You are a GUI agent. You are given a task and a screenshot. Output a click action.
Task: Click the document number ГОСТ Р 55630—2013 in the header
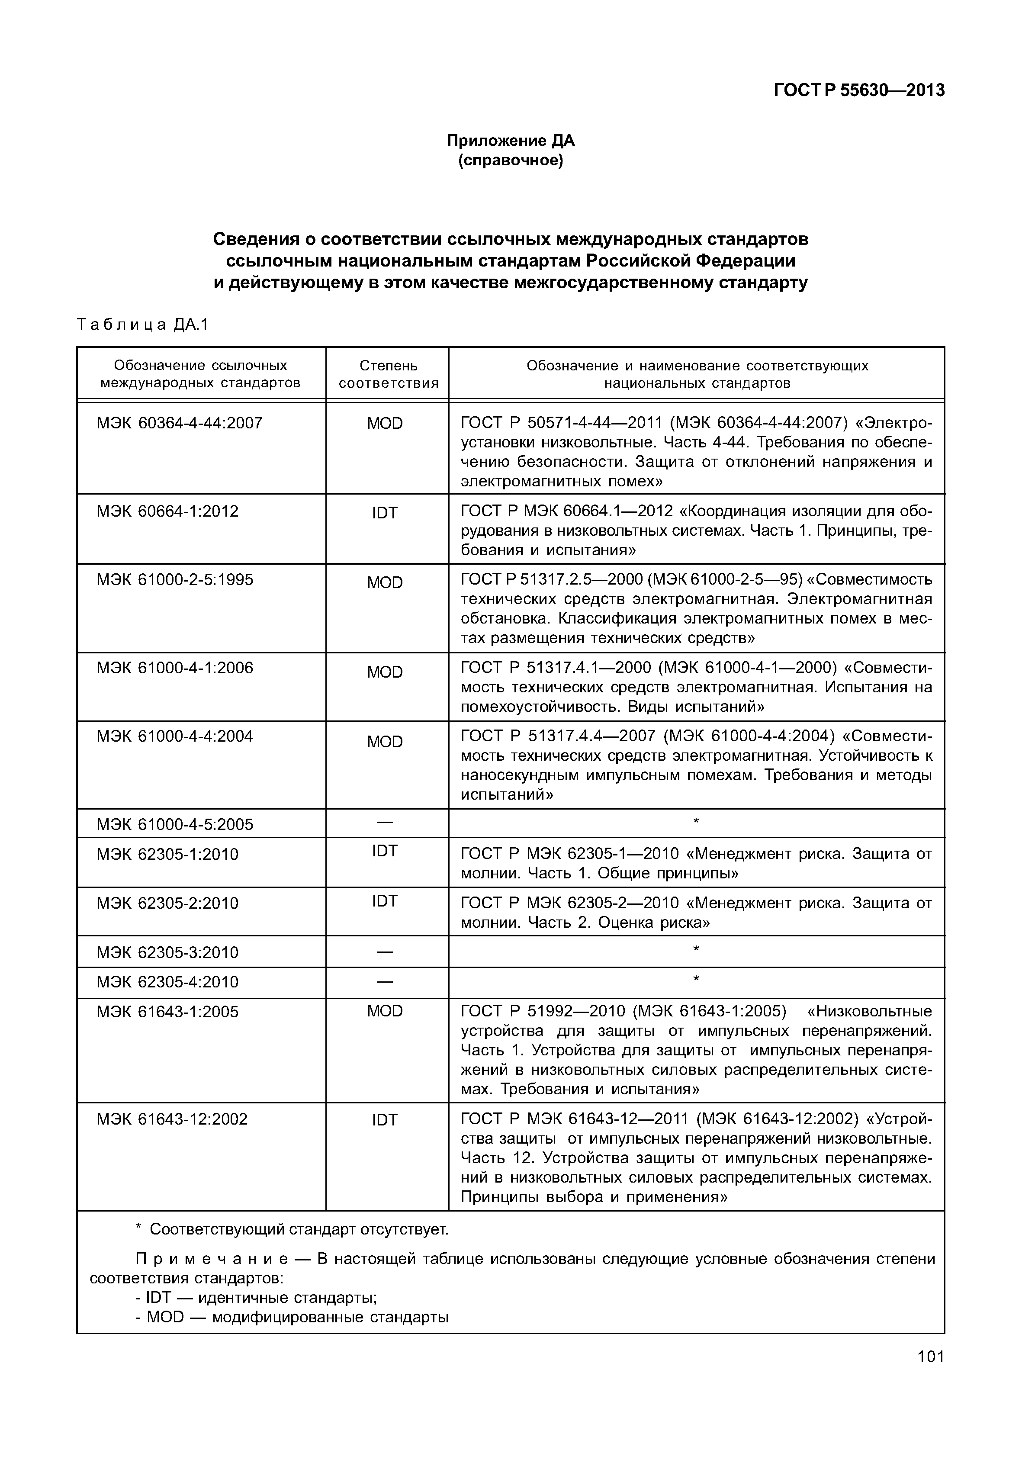coord(859,90)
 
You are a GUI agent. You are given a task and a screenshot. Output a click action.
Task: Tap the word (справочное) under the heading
coord(511,160)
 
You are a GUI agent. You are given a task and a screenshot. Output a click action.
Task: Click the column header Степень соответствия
coord(388,374)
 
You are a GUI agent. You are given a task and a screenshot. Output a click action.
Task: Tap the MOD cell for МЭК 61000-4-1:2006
coord(385,672)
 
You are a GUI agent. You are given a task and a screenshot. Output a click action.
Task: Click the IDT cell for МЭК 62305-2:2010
coord(385,901)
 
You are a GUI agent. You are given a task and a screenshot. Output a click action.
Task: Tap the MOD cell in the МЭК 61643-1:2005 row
coord(385,1011)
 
